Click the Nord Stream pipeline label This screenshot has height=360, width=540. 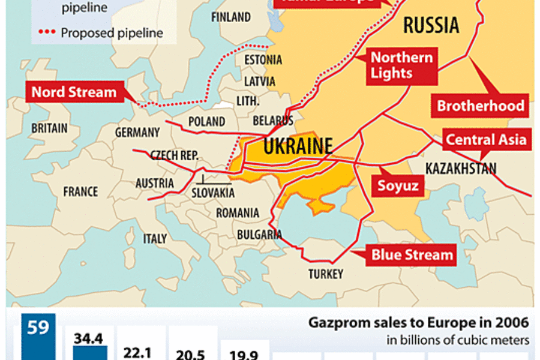click(74, 92)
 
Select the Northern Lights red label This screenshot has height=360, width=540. click(401, 65)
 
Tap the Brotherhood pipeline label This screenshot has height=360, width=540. click(481, 106)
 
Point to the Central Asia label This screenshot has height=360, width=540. click(486, 140)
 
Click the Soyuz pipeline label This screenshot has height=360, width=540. click(397, 185)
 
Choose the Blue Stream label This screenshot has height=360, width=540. click(412, 254)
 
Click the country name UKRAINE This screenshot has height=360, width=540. click(298, 146)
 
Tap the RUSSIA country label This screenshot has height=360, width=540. click(431, 25)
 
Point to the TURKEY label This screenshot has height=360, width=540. click(326, 274)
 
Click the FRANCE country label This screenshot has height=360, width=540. click(80, 192)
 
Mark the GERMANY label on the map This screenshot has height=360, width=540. click(137, 133)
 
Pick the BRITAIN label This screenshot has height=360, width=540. click(49, 128)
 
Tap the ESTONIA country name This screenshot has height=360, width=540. click(263, 60)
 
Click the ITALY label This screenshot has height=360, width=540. click(155, 238)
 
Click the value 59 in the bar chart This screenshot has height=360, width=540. click(38, 328)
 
